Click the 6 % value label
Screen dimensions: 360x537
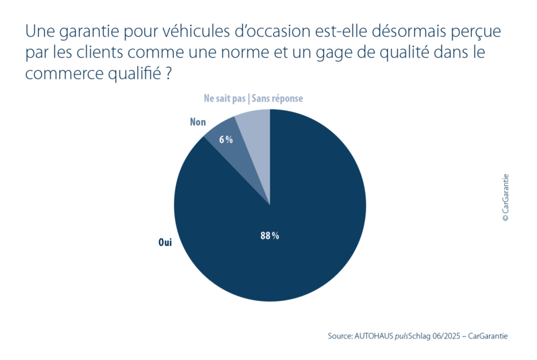point(226,140)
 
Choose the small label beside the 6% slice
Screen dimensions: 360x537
point(197,122)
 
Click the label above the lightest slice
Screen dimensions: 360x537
point(254,98)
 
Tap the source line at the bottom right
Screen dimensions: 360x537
point(418,334)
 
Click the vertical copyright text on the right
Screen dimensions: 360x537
point(505,199)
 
